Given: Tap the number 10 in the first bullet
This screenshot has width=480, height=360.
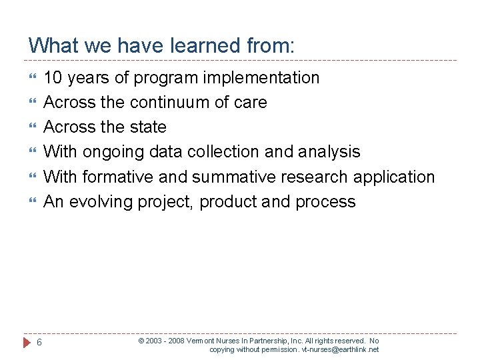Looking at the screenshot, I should coord(53,78).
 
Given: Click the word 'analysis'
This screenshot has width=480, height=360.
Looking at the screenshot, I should coord(331,152).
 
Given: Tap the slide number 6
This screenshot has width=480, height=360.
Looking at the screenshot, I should coord(40,343).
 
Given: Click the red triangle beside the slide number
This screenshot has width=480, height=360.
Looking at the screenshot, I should coord(27,343).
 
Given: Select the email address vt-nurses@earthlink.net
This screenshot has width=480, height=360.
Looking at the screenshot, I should coord(340,349).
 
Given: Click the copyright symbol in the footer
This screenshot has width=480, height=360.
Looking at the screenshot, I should coord(141,341).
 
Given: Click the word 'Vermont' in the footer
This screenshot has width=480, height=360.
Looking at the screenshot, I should coord(201,341).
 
